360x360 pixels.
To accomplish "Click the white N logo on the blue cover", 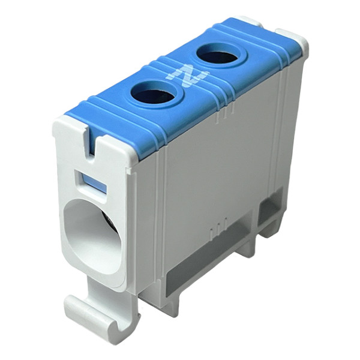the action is [188, 76].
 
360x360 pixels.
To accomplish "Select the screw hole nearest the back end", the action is [218, 55].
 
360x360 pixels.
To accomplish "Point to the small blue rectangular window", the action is [94, 183].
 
